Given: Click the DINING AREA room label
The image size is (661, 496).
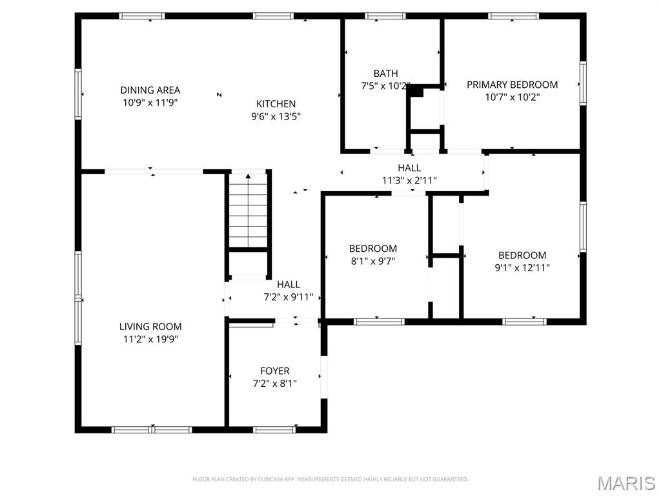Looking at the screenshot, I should [150, 90].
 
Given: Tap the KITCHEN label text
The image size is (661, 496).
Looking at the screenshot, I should [276, 104].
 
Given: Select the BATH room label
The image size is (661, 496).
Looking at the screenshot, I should [385, 73].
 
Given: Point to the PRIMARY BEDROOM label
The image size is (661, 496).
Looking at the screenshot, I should [512, 85].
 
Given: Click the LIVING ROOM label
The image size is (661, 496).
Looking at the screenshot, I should [150, 326].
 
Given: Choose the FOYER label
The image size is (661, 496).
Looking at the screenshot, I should [274, 371].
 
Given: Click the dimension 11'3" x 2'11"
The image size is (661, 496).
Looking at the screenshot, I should [409, 181].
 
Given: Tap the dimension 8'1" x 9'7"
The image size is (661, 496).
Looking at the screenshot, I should [372, 261].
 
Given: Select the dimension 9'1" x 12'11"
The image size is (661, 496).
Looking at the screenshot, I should [522, 267].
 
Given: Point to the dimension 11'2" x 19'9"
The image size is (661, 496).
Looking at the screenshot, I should [150, 339].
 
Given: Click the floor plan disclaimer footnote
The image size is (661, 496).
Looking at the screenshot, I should [330, 479].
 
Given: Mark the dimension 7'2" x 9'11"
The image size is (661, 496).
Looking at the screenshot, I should [288, 297].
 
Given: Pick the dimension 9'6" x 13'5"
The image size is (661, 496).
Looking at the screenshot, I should [276, 117].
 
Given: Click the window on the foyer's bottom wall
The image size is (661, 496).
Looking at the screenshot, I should [274, 429].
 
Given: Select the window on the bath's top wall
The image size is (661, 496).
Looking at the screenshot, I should [385, 16].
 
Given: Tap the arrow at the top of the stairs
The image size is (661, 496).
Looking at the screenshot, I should [249, 175].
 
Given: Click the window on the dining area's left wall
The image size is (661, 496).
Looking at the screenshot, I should [78, 94].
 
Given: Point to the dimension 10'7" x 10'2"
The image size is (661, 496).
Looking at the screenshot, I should [512, 98].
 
